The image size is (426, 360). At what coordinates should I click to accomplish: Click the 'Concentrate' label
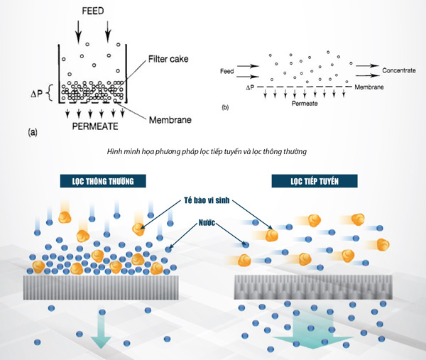coord(403,70)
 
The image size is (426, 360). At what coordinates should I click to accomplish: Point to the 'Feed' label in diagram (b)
coord(227,71)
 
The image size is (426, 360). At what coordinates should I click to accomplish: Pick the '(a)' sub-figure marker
coord(34,132)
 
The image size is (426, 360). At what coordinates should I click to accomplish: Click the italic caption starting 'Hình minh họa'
coord(213,151)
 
